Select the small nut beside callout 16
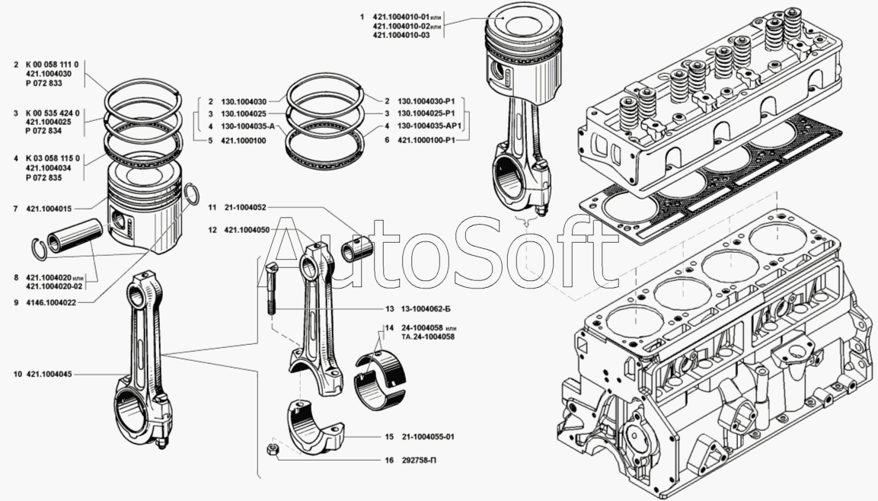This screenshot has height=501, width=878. [x=271, y=449]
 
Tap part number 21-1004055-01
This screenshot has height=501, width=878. [x=427, y=437]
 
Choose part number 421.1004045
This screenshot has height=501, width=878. [x=49, y=375]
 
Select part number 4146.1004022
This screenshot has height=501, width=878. [x=53, y=302]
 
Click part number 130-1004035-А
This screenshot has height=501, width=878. [x=248, y=127]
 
